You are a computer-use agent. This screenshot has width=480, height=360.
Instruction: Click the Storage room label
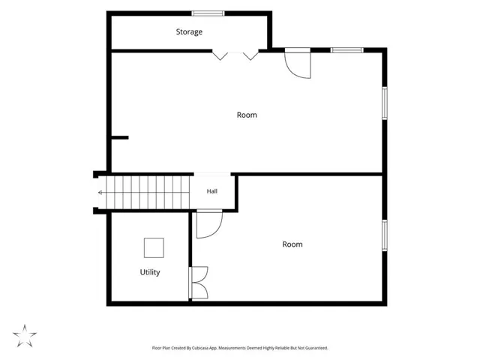tap(189, 31)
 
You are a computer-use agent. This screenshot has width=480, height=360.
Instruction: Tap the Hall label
tap(211, 191)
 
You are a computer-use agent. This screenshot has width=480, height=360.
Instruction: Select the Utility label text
tap(150, 272)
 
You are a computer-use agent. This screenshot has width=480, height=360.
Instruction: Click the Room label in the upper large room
tap(247, 115)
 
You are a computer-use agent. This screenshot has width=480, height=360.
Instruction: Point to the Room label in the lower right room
tap(292, 244)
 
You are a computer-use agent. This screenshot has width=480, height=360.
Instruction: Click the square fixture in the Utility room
tap(154, 247)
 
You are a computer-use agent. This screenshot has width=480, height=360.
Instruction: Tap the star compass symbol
tap(25, 336)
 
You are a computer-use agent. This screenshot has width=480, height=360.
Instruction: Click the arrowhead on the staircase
tap(100, 193)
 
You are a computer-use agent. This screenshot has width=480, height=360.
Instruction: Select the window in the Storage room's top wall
tap(208, 13)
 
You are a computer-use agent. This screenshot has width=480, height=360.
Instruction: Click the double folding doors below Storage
tap(235, 55)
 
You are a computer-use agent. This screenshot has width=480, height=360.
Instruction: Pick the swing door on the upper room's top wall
tap(298, 63)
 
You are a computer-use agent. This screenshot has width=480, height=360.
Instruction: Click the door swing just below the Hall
tap(209, 224)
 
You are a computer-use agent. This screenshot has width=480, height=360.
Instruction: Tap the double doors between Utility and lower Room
tap(199, 283)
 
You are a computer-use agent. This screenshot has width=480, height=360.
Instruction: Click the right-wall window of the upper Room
tap(385, 103)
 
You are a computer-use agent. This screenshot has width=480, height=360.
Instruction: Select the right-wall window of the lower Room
tap(385, 235)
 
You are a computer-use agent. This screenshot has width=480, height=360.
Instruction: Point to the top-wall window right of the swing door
tap(347, 50)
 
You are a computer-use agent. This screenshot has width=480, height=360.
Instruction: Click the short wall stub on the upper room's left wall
tap(120, 138)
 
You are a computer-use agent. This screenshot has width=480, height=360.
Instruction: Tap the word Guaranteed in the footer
tap(316, 348)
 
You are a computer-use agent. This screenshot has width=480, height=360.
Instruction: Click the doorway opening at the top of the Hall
tap(212, 174)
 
